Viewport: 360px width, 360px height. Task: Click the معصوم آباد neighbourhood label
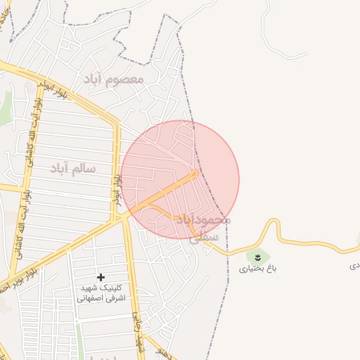click(113, 78)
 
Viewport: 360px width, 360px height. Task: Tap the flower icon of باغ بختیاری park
click(258, 256)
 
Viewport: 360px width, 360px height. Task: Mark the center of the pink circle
click(180, 180)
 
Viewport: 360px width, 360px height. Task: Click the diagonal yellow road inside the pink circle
click(169, 190)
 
